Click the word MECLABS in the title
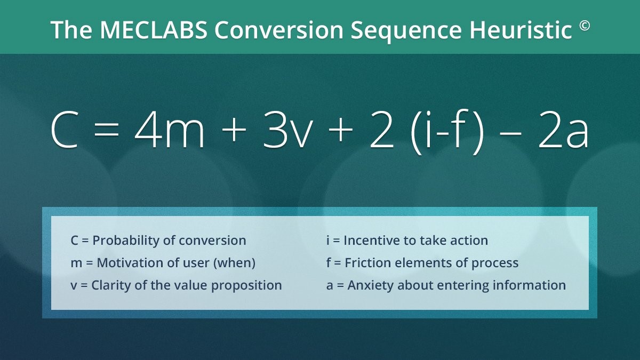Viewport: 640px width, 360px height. pos(154,30)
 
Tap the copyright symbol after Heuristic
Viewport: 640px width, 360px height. pos(585,26)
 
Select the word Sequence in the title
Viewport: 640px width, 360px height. pos(406,31)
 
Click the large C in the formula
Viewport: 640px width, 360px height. pos(65,130)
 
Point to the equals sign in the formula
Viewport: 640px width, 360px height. pos(106,131)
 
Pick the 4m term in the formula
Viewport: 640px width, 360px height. pos(170,130)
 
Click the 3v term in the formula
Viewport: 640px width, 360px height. pos(286,130)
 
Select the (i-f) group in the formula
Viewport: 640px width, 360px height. pos(447,132)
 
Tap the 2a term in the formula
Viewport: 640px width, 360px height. pos(563,130)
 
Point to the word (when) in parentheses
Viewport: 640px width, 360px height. pos(234,263)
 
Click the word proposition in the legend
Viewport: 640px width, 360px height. pos(246,286)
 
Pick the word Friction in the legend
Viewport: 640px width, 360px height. pos(367,263)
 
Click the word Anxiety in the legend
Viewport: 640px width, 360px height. pos(370,285)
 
